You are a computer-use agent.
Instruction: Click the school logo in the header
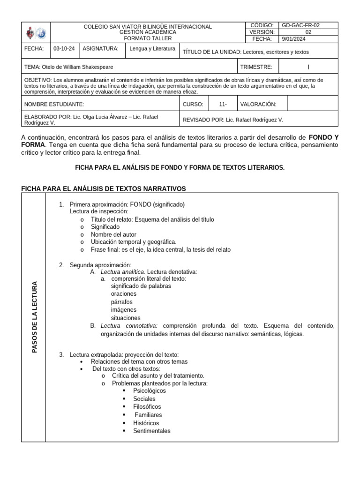click(36, 33)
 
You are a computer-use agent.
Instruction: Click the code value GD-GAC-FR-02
click(300, 25)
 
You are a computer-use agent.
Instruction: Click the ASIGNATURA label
click(100, 49)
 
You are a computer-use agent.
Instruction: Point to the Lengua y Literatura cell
click(153, 49)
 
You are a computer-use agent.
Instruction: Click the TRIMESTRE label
click(256, 67)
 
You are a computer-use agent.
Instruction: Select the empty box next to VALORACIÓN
click(312, 104)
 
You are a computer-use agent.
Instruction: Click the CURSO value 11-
click(223, 104)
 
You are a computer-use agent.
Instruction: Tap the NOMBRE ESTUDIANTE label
click(54, 104)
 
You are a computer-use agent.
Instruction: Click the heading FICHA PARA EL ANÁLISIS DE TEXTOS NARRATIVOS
click(104, 188)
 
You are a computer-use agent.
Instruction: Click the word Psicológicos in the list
click(149, 390)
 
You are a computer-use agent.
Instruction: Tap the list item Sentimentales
click(151, 431)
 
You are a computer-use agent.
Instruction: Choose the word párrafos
click(121, 302)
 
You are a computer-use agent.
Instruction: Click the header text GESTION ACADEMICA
click(148, 32)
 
